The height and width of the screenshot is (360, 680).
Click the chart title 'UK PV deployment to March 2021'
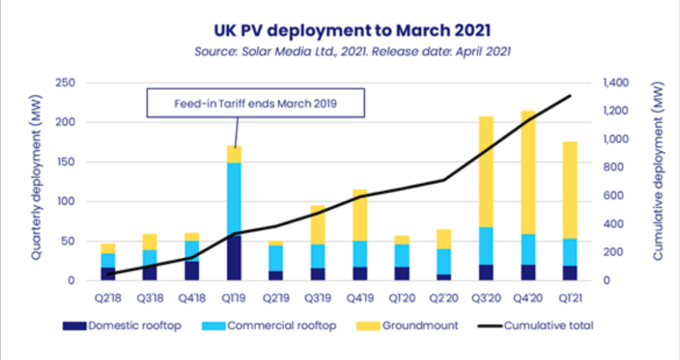tap(352, 31)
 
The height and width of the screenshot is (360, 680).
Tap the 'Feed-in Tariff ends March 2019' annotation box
tap(255, 103)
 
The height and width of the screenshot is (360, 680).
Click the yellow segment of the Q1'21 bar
tap(570, 190)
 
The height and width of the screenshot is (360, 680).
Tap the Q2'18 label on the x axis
tap(108, 298)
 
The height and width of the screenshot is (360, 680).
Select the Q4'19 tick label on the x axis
tap(360, 298)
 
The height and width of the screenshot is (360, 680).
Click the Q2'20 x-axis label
tap(444, 298)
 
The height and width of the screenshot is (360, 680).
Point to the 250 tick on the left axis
tap(65, 82)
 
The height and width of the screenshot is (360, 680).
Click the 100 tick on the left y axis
tap(66, 201)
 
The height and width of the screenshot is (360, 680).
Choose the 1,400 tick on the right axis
tap(616, 82)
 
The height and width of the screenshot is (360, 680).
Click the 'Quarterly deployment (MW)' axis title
tap(36, 177)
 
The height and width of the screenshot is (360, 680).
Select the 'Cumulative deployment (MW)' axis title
tap(658, 171)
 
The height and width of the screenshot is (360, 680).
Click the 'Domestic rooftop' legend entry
tap(122, 326)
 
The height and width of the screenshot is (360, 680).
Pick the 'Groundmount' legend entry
tap(407, 326)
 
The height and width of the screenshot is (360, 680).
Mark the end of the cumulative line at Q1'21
tap(570, 96)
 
